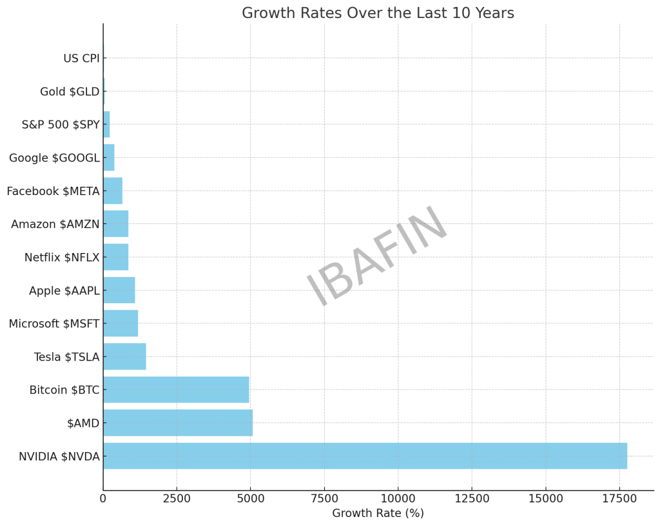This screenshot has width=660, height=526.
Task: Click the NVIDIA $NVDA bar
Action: point(365,456)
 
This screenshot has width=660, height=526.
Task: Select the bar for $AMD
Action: point(178,423)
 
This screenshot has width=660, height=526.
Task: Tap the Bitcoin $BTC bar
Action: point(176,390)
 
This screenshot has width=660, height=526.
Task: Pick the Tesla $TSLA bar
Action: point(124,357)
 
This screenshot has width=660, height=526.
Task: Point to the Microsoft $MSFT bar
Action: point(121,323)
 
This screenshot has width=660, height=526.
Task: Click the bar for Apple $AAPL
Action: point(119,290)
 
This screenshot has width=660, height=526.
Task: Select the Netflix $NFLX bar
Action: point(116,257)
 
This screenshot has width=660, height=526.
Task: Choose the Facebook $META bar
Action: point(113,191)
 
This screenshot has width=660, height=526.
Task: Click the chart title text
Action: point(378,14)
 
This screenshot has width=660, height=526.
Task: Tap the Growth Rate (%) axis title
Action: point(378,513)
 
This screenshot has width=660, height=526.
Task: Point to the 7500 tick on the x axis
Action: point(324,498)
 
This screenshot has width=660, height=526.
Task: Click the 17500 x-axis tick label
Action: point(619,498)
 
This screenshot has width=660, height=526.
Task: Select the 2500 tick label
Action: point(177,498)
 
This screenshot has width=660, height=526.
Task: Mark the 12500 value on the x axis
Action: point(472,498)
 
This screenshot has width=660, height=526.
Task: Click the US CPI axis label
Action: point(81,59)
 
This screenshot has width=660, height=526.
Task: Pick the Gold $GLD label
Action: point(70,91)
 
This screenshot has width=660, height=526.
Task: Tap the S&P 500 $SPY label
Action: point(61,125)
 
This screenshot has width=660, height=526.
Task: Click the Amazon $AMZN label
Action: point(55,224)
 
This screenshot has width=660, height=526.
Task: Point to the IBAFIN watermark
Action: point(377,256)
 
